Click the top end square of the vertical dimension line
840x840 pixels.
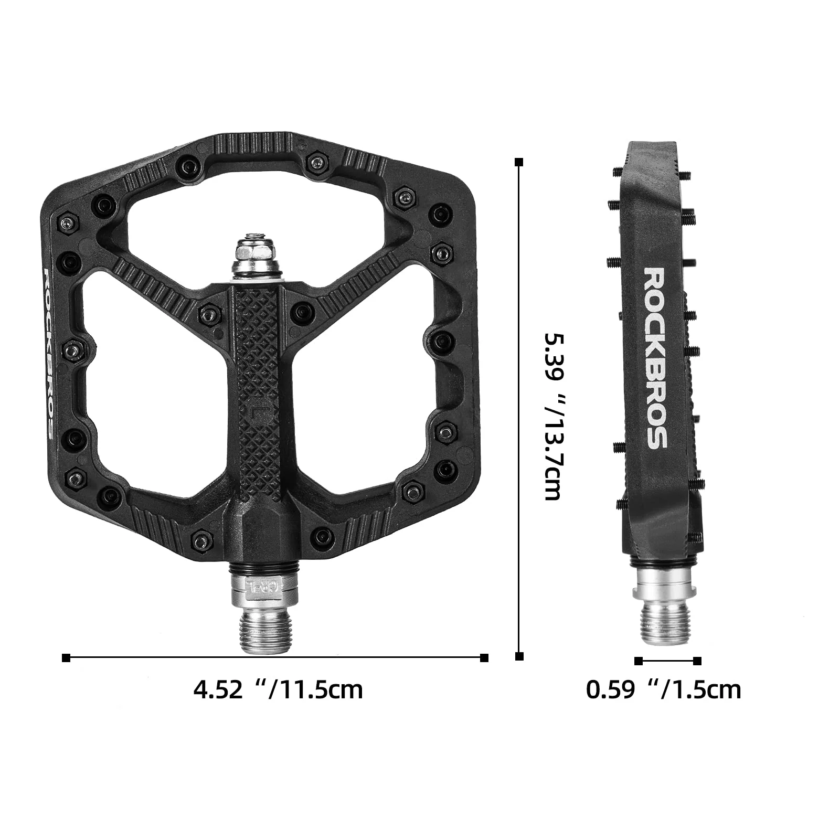(x=519, y=162)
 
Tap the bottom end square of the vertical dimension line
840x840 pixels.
(x=519, y=656)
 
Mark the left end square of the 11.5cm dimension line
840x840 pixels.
(x=66, y=658)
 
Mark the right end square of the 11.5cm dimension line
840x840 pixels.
(x=484, y=658)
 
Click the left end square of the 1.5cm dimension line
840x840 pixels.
(x=639, y=661)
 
